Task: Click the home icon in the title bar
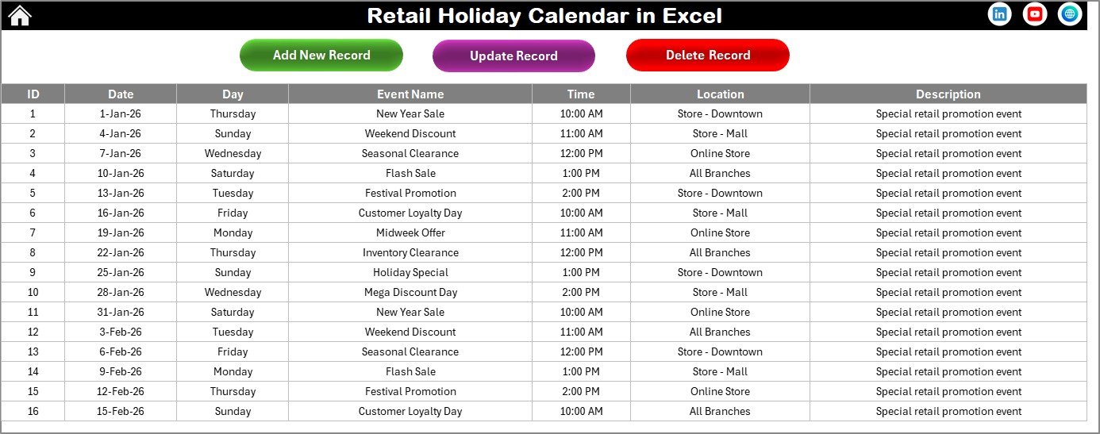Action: (19, 15)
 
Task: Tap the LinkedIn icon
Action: (999, 14)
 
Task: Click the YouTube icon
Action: (1034, 14)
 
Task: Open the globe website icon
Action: (1069, 14)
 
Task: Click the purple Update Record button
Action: (513, 56)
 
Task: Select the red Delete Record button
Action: (707, 55)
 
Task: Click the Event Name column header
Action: (410, 94)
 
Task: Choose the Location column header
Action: (720, 94)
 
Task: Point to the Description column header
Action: (948, 94)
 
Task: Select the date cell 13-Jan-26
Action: (121, 193)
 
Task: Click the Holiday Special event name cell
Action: (410, 272)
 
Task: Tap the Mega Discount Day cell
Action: (410, 292)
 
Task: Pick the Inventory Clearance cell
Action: (410, 252)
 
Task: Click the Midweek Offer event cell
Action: (410, 232)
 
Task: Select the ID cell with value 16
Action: (33, 411)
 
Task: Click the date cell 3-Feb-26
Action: (121, 332)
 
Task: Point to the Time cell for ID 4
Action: (581, 173)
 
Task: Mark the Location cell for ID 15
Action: (720, 391)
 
